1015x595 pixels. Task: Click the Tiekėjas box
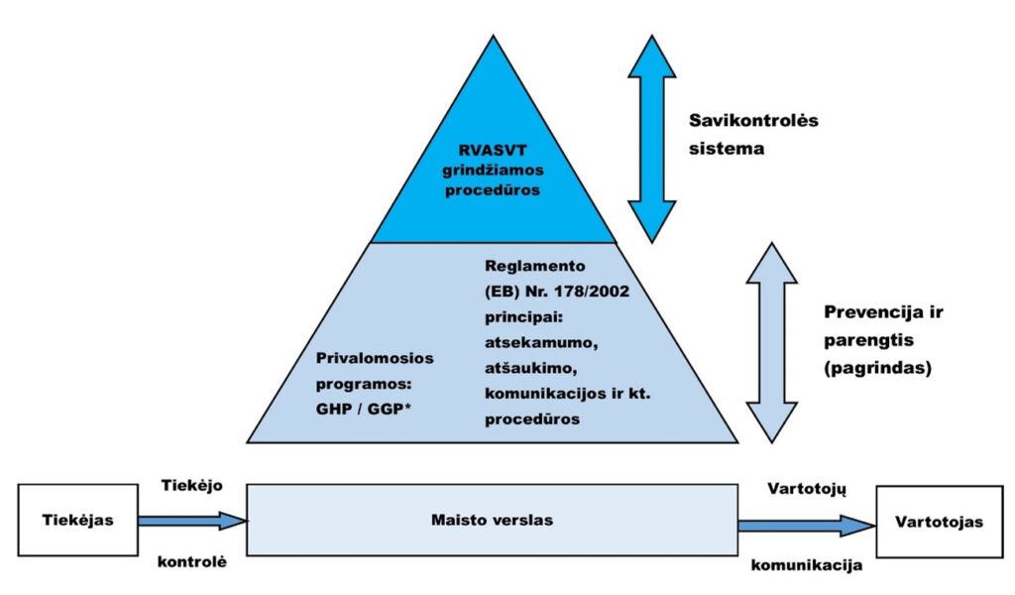[x=78, y=521]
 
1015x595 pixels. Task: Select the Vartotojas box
[x=937, y=521]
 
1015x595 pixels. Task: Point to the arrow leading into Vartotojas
[x=806, y=526]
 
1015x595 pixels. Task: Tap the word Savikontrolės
[x=754, y=120]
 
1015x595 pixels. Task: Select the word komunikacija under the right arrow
[x=806, y=568]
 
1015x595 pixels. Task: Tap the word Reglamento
[x=536, y=267]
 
